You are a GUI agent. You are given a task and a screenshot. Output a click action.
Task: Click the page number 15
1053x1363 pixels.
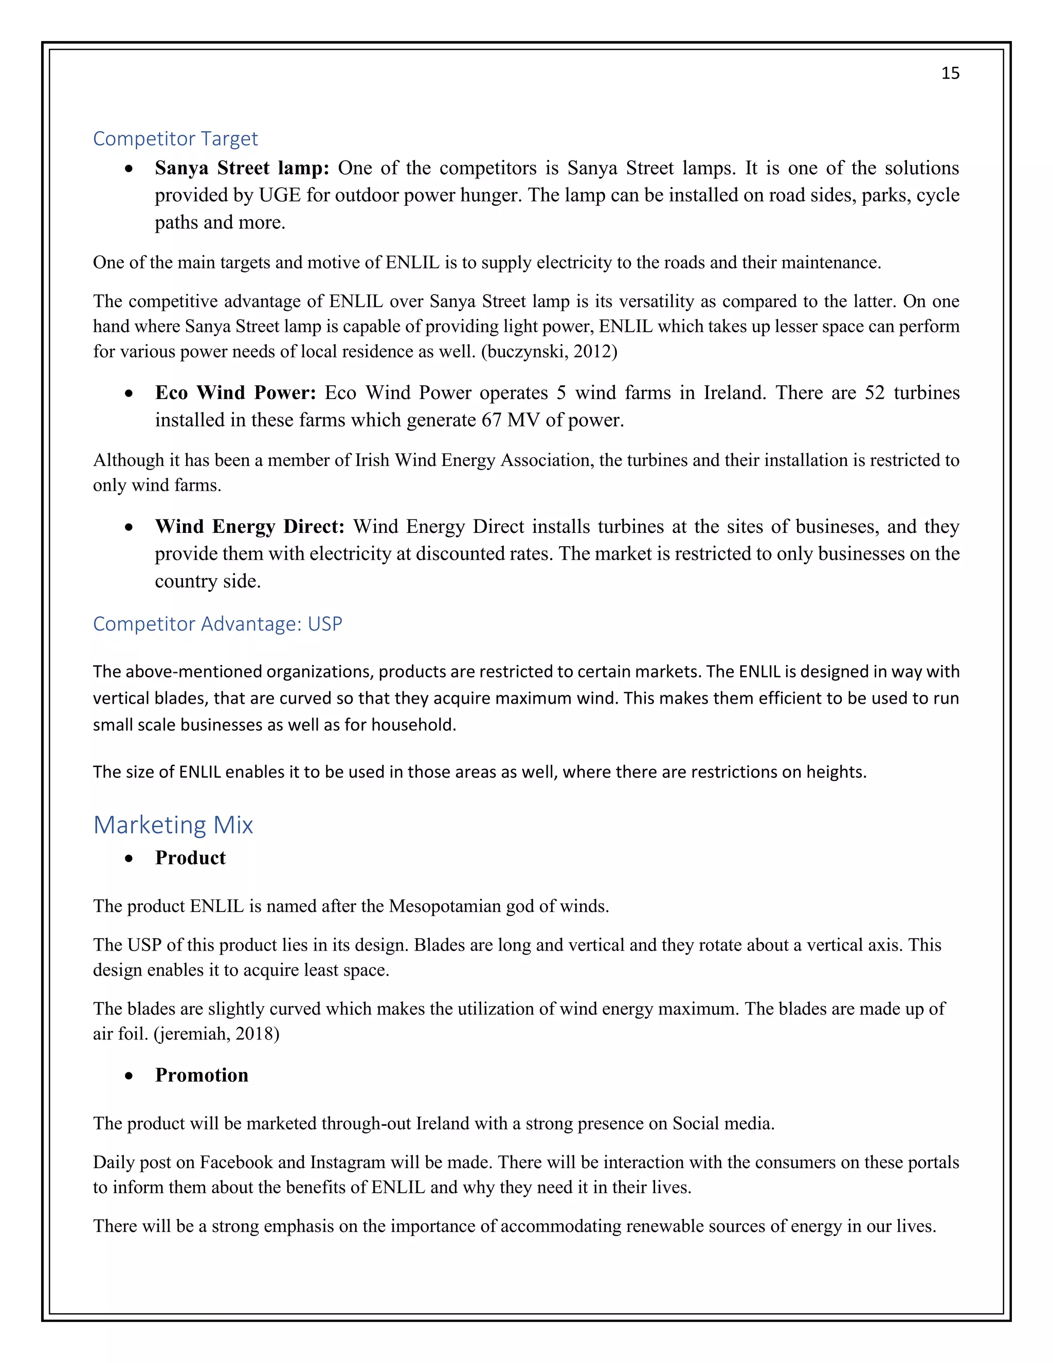click(x=950, y=74)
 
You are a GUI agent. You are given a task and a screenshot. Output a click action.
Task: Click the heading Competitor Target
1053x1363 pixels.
click(x=175, y=138)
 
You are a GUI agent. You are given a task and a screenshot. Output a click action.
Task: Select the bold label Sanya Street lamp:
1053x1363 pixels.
click(x=242, y=168)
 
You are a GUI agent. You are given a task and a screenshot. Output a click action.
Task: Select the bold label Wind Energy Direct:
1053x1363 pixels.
click(x=249, y=527)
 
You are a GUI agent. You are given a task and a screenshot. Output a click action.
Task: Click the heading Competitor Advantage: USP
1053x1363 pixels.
click(x=217, y=623)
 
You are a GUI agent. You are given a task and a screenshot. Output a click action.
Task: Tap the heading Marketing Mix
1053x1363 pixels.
click(x=173, y=824)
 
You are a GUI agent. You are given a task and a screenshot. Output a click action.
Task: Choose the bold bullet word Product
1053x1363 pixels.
click(x=190, y=857)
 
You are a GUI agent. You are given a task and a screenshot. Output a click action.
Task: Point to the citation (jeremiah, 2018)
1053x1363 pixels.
click(x=216, y=1034)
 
